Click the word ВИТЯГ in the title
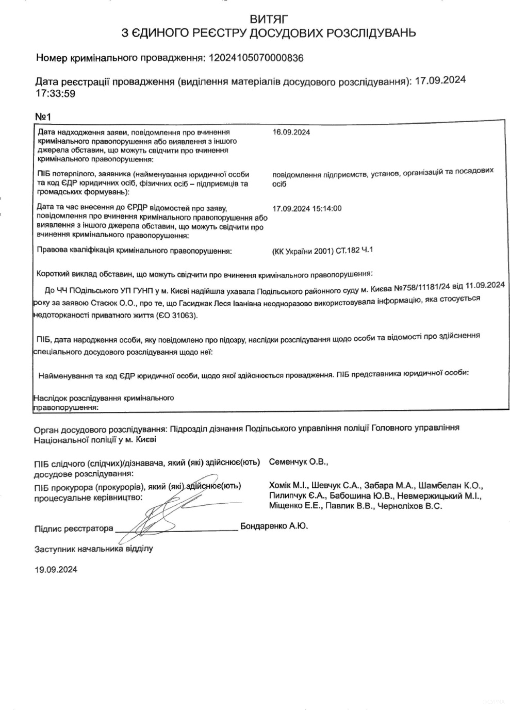(268, 20)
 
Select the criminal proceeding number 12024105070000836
(255, 58)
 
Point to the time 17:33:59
(55, 94)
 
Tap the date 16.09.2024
(291, 132)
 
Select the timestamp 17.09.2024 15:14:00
(307, 208)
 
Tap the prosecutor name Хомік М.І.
(289, 485)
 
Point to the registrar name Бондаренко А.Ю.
(274, 526)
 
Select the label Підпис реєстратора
(74, 529)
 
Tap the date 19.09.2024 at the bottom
(56, 570)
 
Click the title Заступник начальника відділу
(93, 549)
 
